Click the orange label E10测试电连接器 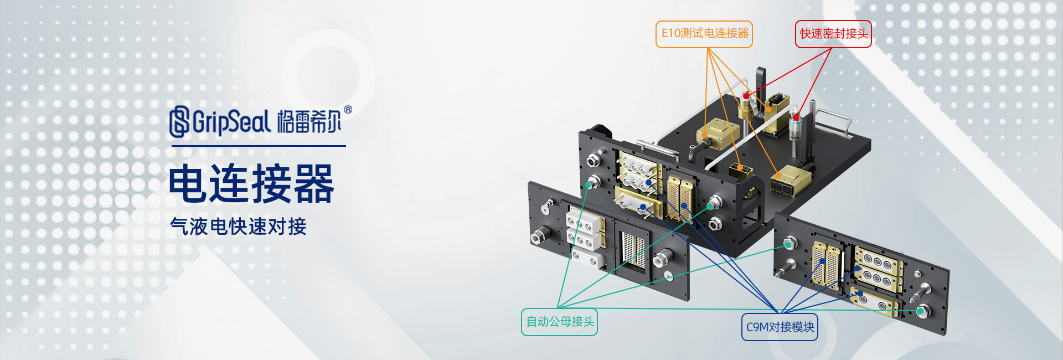click(704, 34)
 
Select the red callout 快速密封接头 click(833, 34)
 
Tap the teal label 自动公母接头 click(559, 322)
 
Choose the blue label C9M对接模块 click(780, 327)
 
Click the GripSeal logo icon click(179, 121)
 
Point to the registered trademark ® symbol click(348, 110)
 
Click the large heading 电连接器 click(251, 184)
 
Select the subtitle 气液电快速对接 click(238, 227)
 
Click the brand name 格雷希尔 click(309, 122)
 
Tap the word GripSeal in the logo click(231, 122)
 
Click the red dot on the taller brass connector click(746, 96)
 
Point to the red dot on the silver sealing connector click(796, 117)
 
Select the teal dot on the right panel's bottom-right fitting click(920, 311)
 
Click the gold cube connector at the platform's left click(718, 132)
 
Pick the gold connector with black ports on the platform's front click(790, 179)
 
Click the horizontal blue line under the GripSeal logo click(259, 146)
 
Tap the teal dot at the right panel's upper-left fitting click(788, 244)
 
